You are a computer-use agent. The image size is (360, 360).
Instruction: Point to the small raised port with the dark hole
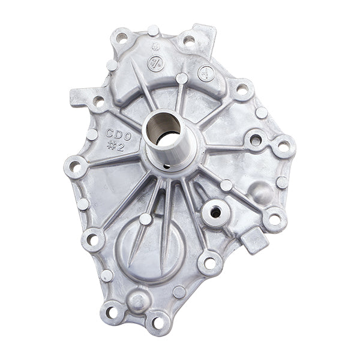pyautogui.click(x=215, y=212)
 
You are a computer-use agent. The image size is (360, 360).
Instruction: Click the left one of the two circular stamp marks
pyautogui.click(x=155, y=62)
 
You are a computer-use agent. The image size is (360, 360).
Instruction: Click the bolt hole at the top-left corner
pyautogui.click(x=122, y=37)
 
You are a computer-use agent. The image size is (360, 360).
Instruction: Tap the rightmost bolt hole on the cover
pyautogui.click(x=283, y=146)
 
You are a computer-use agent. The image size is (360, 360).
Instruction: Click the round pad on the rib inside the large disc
pyautogui.click(x=146, y=219)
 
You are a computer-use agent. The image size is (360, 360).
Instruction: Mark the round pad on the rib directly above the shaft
pyautogui.click(x=182, y=78)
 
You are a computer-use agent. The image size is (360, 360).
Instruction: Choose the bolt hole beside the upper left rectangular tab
pyautogui.click(x=98, y=101)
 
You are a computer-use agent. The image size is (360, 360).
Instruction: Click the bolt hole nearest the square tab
pyautogui.click(x=275, y=219)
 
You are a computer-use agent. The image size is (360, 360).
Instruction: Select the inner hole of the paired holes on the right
pyautogui.click(x=255, y=140)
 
